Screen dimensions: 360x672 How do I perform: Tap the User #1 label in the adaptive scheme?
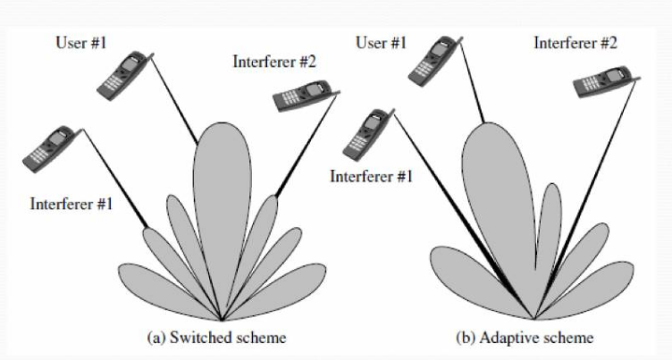click(382, 41)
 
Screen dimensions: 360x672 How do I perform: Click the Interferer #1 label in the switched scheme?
click(71, 205)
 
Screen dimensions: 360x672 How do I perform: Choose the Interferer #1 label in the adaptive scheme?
click(371, 176)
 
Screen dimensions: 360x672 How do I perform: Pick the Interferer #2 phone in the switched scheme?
click(307, 94)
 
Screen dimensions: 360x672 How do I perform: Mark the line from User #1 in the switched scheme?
click(175, 103)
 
